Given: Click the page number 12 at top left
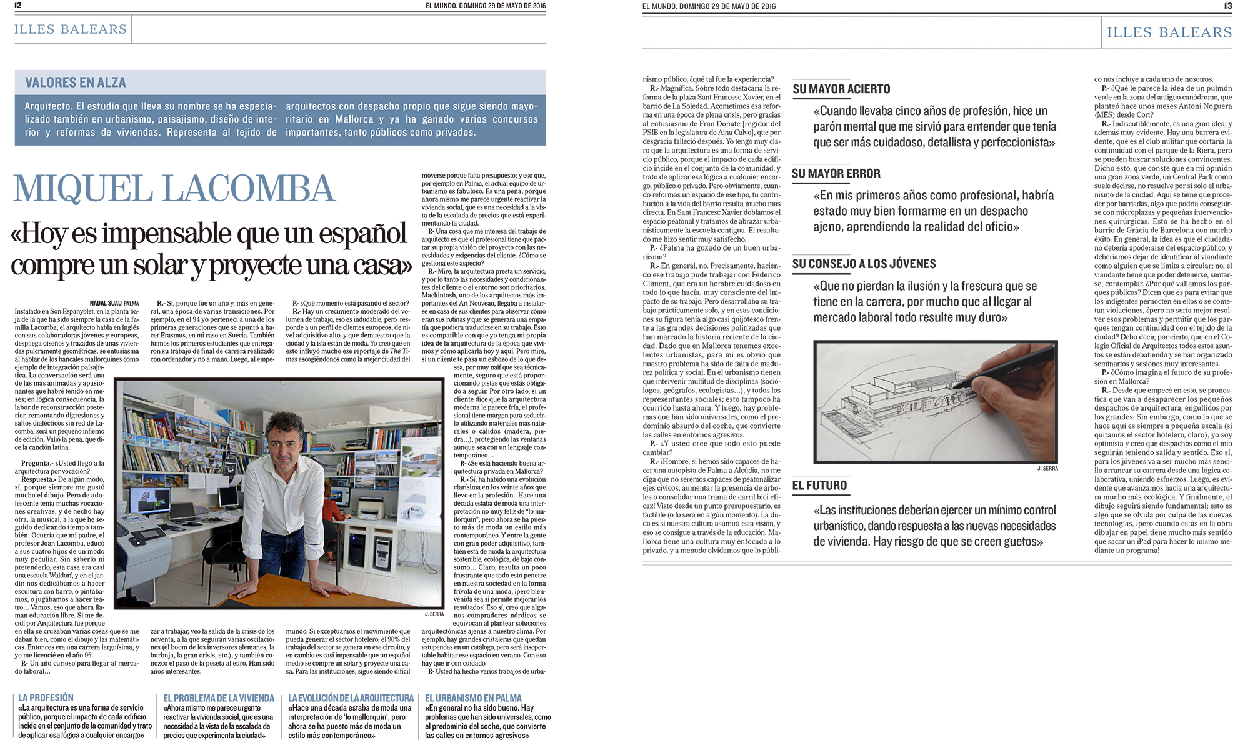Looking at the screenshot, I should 17,6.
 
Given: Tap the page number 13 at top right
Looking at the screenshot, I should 1228,6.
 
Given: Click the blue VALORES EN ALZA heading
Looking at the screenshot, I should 76,82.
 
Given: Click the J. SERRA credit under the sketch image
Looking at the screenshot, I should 1047,469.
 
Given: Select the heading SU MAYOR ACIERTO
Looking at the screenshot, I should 841,89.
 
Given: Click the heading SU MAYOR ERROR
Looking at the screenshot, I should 836,174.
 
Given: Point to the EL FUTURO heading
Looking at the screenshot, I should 819,486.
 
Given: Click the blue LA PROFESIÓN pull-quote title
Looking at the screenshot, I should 46,698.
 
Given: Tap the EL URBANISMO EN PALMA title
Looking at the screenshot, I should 473,698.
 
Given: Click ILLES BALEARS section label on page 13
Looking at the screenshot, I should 1169,32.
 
